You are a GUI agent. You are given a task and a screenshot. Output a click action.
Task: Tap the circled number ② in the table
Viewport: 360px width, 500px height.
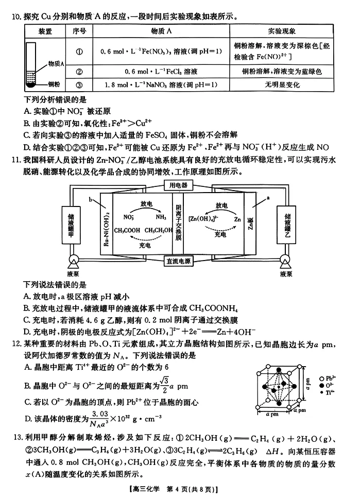point(79,71)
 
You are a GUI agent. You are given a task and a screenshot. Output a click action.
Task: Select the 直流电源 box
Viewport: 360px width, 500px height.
point(178,261)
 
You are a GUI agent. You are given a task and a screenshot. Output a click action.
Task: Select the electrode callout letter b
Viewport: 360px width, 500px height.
point(91,198)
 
